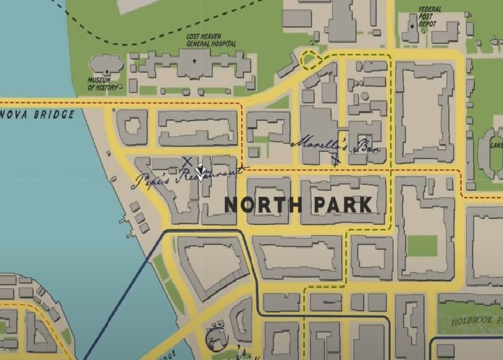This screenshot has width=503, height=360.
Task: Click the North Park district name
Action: point(298,205)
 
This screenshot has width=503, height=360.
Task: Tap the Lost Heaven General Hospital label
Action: point(210,39)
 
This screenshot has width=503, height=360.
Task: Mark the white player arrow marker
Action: point(201,171)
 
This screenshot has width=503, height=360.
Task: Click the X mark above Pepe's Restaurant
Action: point(187,162)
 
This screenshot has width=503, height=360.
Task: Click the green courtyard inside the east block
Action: point(421,246)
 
